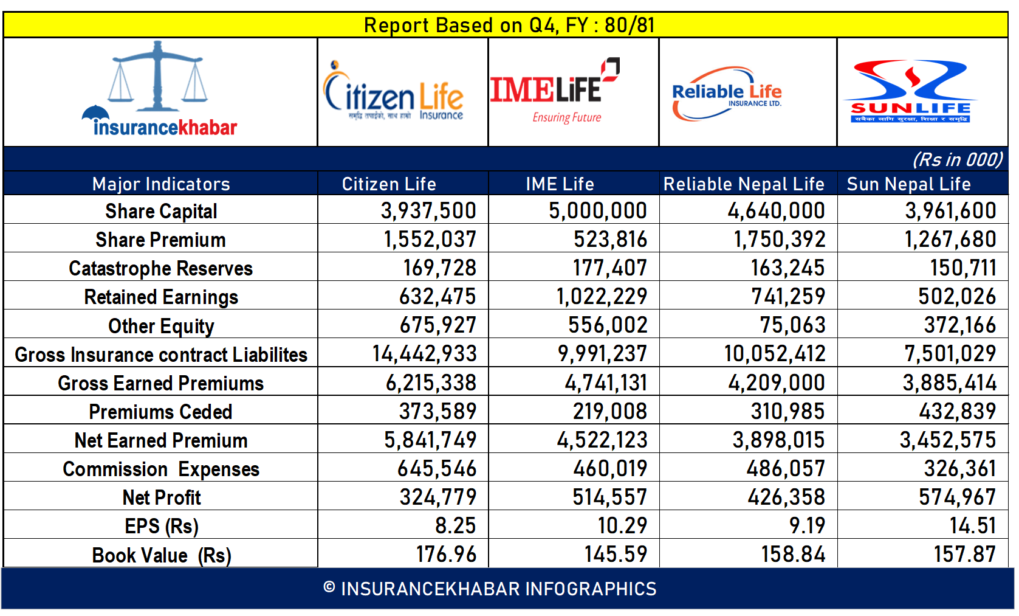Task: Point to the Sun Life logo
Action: click(x=910, y=92)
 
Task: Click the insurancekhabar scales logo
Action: click(x=159, y=90)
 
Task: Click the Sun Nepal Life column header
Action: click(x=908, y=184)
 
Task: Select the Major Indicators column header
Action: click(x=161, y=184)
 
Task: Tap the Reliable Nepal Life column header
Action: click(x=744, y=184)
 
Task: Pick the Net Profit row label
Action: click(x=162, y=497)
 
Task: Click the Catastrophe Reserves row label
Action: click(x=160, y=268)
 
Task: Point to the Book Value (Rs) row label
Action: click(x=162, y=555)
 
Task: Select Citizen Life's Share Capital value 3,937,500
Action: click(x=428, y=210)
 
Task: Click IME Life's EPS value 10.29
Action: click(x=622, y=525)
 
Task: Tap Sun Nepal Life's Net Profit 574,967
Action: click(x=957, y=497)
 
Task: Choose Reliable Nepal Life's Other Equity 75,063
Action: click(x=792, y=325)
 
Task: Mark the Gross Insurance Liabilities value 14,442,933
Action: click(x=424, y=353)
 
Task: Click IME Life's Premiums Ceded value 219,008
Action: click(x=609, y=411)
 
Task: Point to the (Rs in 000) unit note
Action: click(x=957, y=159)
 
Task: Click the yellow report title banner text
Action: click(x=509, y=25)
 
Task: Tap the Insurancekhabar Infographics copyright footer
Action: click(x=490, y=589)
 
